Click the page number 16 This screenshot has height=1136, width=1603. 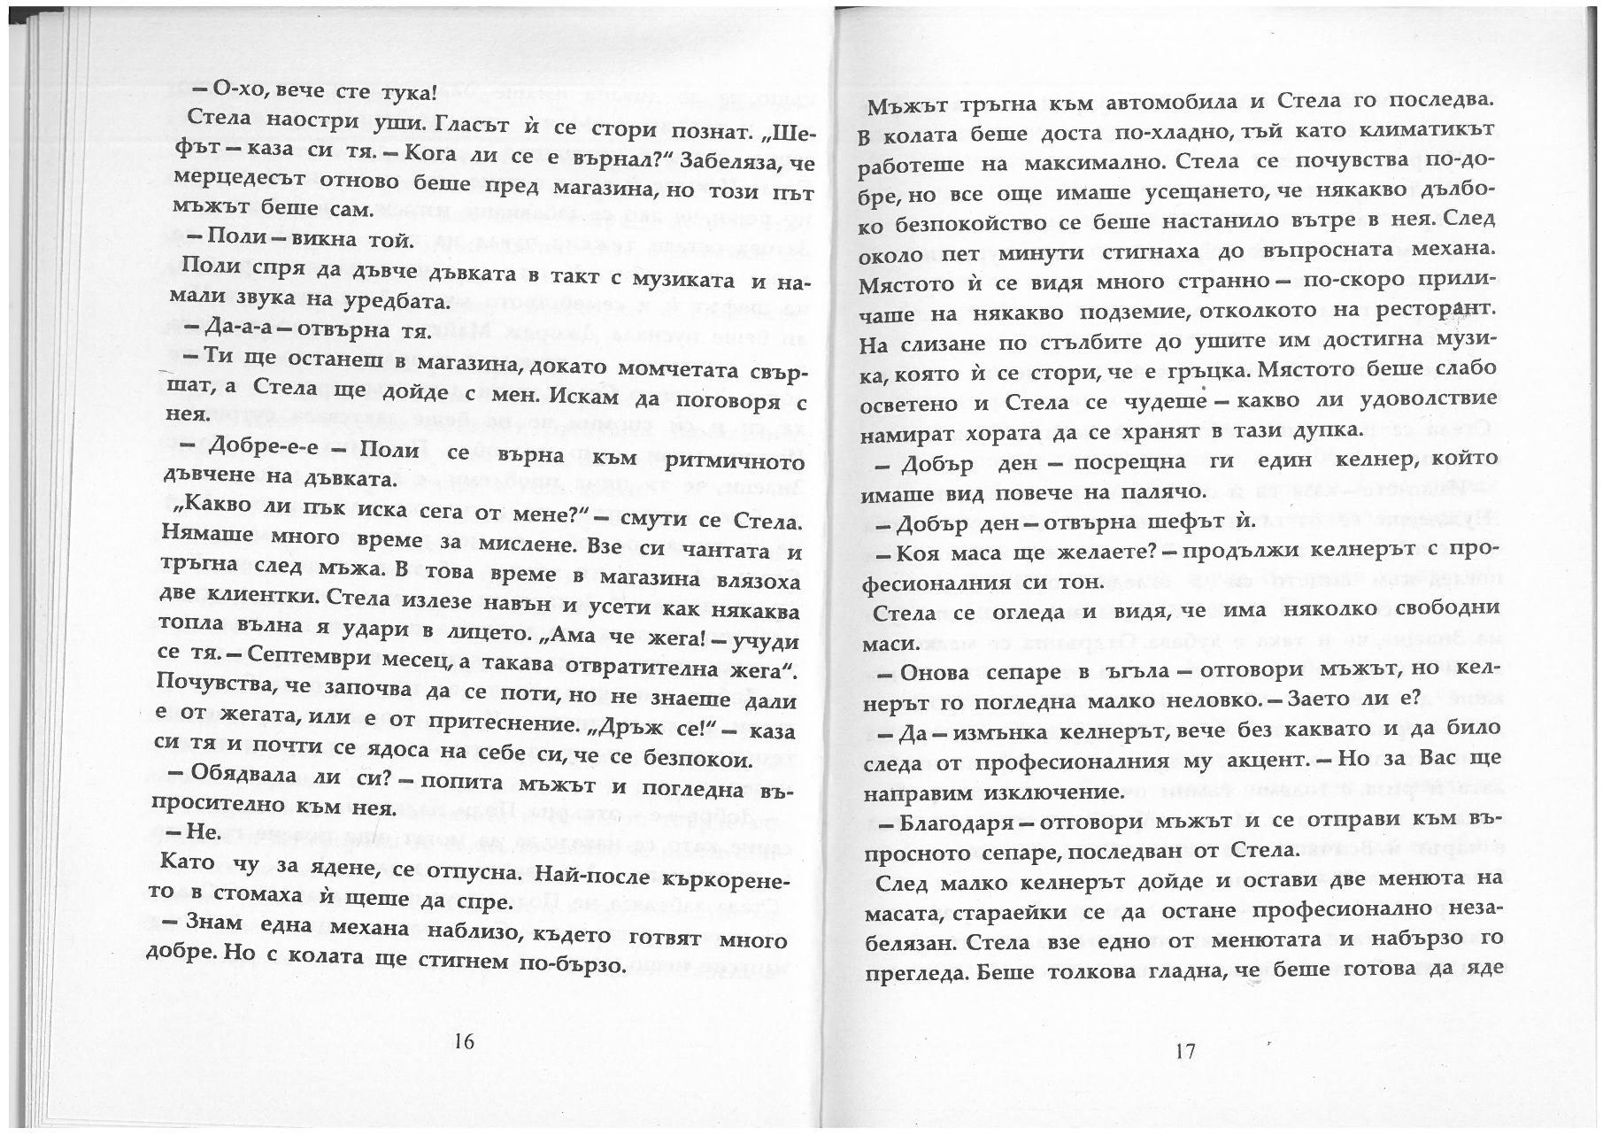464,1041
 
